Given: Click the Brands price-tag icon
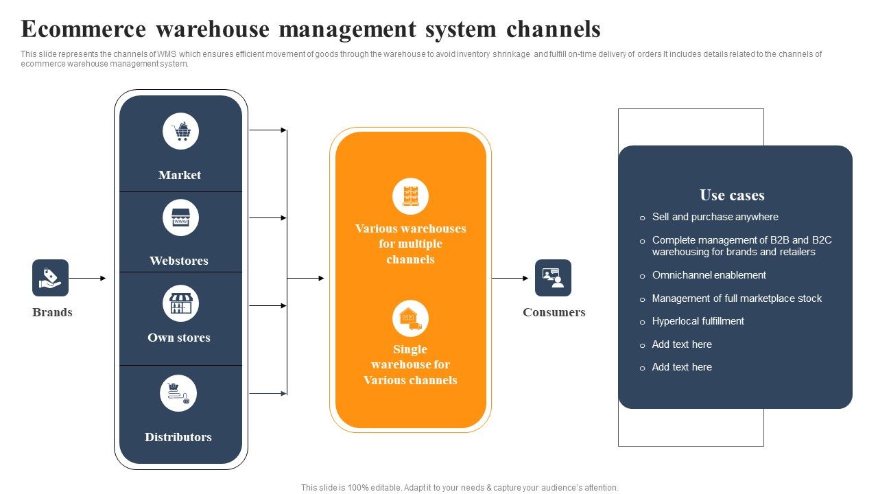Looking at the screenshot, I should coord(50,278).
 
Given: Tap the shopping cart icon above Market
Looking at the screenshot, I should coord(181,131).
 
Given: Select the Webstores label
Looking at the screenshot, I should coord(179,261).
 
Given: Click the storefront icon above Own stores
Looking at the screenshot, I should coord(180,304).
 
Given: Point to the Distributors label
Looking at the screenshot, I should coord(178,437).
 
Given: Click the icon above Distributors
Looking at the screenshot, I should coord(178,393).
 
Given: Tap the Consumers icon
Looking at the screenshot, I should coord(553,278).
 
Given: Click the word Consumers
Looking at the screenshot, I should coord(554,312).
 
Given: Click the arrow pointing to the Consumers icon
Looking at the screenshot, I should coord(510,278).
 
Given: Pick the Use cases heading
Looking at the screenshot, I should coord(732,196).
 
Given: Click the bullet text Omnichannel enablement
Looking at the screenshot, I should coord(709,275).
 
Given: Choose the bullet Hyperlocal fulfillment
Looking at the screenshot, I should coord(698,321).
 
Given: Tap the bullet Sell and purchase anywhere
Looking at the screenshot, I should coord(715,217).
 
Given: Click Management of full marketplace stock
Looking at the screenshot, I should coord(737,298).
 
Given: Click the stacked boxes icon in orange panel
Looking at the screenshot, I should coord(410,196).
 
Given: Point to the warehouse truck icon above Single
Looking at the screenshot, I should coord(410,318).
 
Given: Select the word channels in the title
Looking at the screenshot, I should coord(554,30).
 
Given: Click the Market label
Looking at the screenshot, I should coord(180,175).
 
